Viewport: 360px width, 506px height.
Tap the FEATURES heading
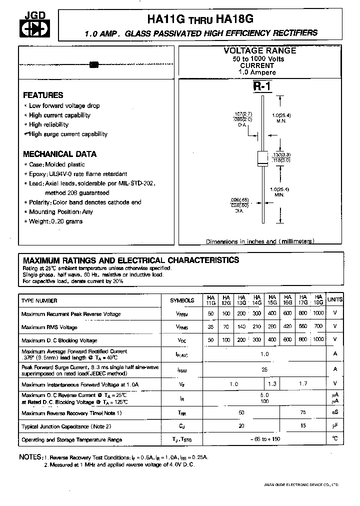pyautogui.click(x=43, y=95)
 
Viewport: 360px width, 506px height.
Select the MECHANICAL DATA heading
pyautogui.click(x=59, y=154)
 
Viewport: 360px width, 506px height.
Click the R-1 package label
pyautogui.click(x=261, y=86)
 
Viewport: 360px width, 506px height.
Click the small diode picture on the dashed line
pyautogui.click(x=93, y=64)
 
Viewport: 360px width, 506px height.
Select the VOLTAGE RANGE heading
pyautogui.click(x=259, y=51)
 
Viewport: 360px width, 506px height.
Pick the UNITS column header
pyautogui.click(x=334, y=300)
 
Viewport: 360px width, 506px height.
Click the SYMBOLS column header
pyautogui.click(x=182, y=300)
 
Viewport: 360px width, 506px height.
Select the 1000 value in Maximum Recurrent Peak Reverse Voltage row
pyautogui.click(x=317, y=314)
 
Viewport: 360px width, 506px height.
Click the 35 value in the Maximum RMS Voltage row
pyautogui.click(x=210, y=327)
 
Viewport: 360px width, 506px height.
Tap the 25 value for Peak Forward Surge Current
pyautogui.click(x=264, y=369)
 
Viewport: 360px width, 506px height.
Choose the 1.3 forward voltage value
pyautogui.click(x=272, y=383)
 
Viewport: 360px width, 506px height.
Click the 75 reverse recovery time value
pyautogui.click(x=302, y=412)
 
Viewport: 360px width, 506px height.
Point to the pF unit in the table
pyautogui.click(x=334, y=426)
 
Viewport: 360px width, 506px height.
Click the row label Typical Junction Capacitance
pyautogui.click(x=66, y=426)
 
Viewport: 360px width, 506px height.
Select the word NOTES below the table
pyautogui.click(x=30, y=457)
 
